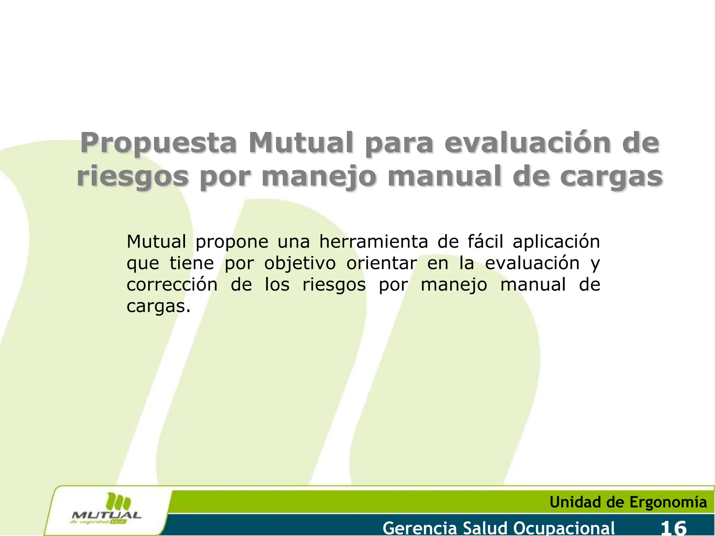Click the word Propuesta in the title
point(159,143)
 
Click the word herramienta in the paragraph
point(374,241)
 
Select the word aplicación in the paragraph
point(556,242)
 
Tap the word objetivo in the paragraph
point(300,264)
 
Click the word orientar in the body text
point(382,263)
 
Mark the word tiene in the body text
point(192,263)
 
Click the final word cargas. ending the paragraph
point(159,307)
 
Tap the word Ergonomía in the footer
point(668,502)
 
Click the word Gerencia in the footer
point(420,527)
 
